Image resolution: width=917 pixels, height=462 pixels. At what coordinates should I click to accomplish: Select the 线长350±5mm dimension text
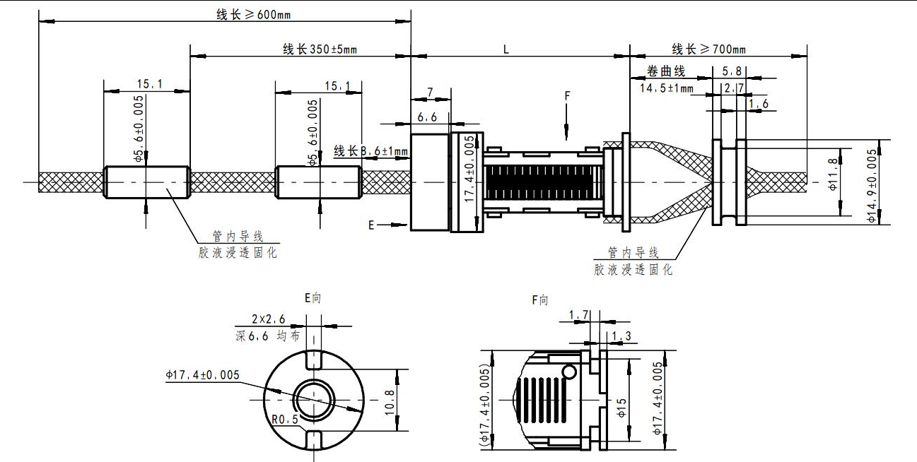point(320,49)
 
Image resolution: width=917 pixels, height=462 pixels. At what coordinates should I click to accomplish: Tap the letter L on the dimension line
point(506,49)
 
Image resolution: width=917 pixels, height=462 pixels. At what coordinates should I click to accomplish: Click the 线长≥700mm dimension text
point(708,49)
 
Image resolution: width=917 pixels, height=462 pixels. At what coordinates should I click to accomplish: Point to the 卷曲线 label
point(667,72)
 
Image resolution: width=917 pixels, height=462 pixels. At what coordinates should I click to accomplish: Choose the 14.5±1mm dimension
point(667,88)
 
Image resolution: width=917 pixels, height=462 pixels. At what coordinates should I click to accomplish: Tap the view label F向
point(540,300)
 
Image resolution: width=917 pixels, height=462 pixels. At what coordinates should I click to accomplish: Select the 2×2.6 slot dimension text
point(269,319)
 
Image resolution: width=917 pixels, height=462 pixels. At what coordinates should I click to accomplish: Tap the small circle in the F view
point(569,372)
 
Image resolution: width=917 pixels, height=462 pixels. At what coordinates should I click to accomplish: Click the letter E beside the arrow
point(371,225)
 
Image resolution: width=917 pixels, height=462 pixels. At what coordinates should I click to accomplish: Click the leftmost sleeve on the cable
point(146,182)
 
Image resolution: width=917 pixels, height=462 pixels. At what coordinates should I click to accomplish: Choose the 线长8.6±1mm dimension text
point(370,150)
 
